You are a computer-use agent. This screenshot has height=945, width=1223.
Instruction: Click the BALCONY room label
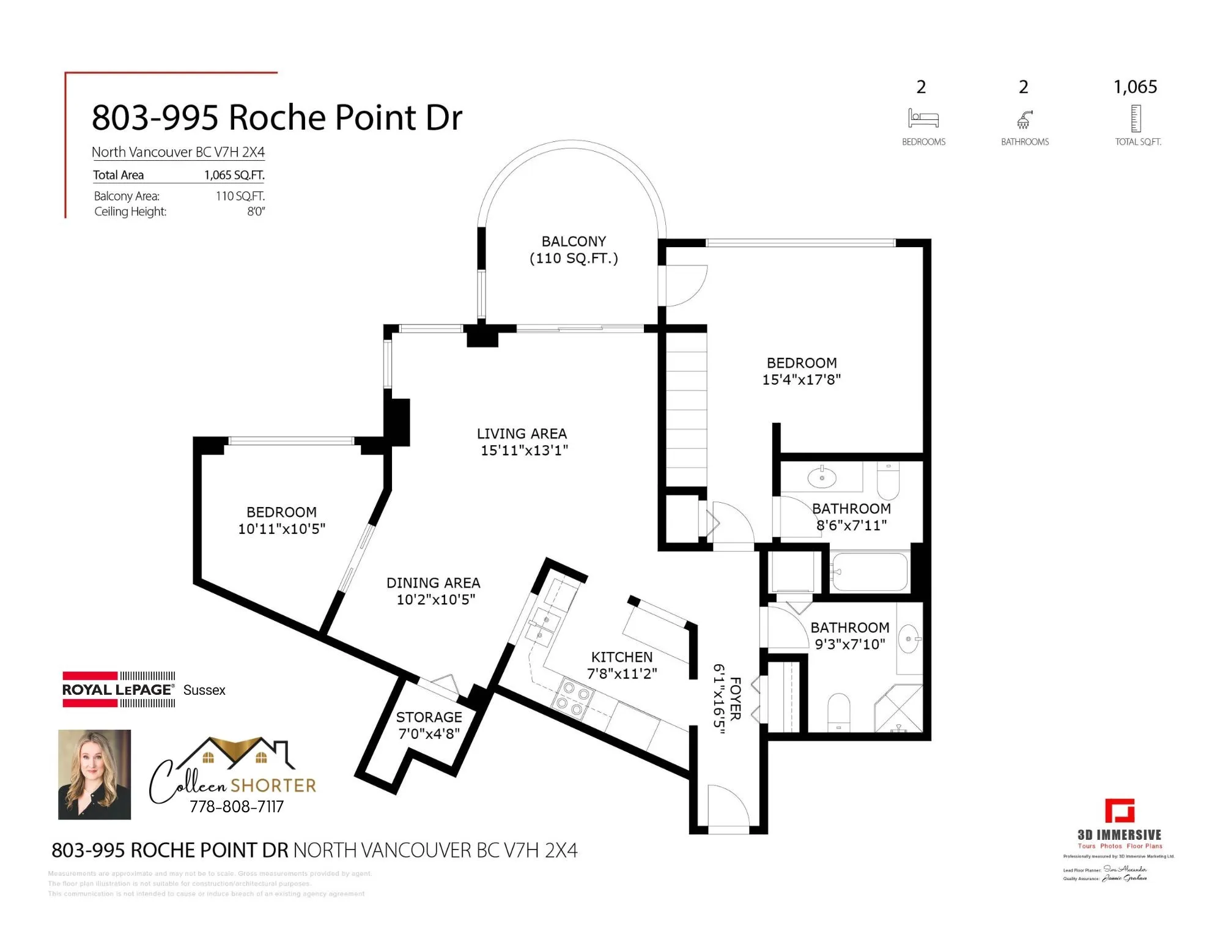pos(574,241)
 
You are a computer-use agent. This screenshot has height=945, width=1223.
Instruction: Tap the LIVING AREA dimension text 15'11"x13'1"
pos(524,451)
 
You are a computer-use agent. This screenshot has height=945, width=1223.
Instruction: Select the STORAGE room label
pos(429,717)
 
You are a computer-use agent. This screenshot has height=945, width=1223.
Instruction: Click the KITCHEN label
pos(621,657)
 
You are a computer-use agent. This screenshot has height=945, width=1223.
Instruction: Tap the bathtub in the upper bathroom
pos(870,573)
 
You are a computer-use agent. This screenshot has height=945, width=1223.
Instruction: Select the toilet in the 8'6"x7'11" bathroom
pos(888,481)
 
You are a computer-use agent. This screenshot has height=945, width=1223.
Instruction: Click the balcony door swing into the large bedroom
pos(685,285)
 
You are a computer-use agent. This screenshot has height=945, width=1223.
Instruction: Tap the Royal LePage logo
pos(119,689)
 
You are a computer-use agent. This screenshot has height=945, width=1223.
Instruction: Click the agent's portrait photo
pos(94,774)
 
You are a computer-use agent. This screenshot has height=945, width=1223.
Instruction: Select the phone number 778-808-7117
pos(237,807)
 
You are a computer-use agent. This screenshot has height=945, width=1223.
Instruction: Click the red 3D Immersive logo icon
pos(1120,811)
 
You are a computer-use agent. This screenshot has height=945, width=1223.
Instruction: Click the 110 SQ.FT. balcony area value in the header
pos(240,196)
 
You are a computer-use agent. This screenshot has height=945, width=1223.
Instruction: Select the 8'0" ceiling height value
pos(256,212)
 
